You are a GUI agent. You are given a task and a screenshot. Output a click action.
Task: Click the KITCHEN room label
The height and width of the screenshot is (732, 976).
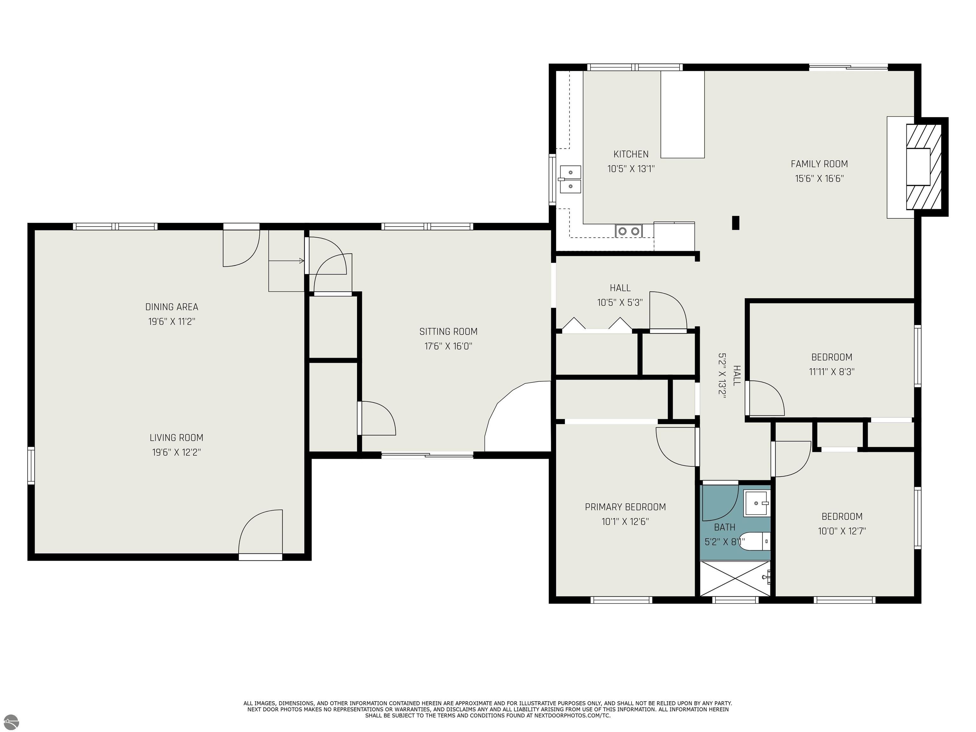click(631, 154)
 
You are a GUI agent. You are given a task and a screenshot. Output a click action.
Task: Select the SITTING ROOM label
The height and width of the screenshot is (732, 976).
click(448, 331)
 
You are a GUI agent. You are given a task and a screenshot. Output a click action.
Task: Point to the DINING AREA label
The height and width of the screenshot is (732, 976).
click(172, 307)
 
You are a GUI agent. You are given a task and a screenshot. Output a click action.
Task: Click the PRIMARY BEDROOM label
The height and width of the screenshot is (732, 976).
click(625, 507)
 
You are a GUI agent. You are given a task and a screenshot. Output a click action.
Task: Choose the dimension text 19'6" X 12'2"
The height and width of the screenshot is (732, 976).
click(177, 452)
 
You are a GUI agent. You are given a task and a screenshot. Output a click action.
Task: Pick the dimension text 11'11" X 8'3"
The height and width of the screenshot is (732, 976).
click(832, 371)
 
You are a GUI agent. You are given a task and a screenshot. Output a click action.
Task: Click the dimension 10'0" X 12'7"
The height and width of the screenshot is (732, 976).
click(842, 531)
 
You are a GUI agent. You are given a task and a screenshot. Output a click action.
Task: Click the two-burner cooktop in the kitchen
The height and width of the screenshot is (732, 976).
click(629, 231)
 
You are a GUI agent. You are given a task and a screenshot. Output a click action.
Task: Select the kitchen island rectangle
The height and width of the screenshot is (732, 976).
click(682, 114)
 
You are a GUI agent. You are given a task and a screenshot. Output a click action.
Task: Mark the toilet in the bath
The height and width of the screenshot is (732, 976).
click(755, 541)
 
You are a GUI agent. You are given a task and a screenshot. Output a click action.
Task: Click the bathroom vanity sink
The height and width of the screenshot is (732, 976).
click(757, 503)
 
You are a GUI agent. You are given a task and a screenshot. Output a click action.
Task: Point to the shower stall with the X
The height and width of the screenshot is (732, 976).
click(735, 579)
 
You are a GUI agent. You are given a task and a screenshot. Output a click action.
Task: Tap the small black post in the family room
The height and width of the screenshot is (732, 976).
click(735, 222)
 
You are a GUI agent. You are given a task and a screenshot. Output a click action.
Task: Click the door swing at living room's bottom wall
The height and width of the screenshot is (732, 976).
click(260, 531)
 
